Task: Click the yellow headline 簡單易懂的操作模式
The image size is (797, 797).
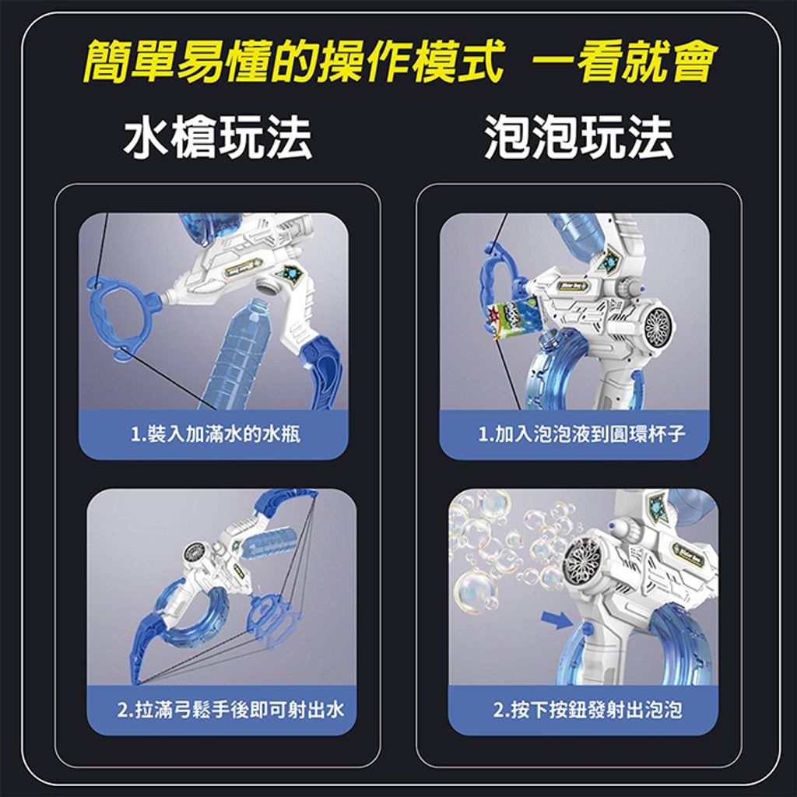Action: tap(294, 61)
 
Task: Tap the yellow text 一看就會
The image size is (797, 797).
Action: tap(624, 61)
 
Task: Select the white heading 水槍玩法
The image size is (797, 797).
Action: tap(218, 137)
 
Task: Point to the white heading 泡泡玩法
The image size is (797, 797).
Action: tap(579, 137)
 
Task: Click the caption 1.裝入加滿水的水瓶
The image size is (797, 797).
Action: tap(216, 434)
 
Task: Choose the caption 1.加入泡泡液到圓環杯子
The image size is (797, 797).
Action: tap(581, 434)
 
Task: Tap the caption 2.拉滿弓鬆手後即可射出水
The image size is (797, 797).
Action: tap(230, 710)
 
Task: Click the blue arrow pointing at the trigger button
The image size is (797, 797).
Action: tap(557, 620)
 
